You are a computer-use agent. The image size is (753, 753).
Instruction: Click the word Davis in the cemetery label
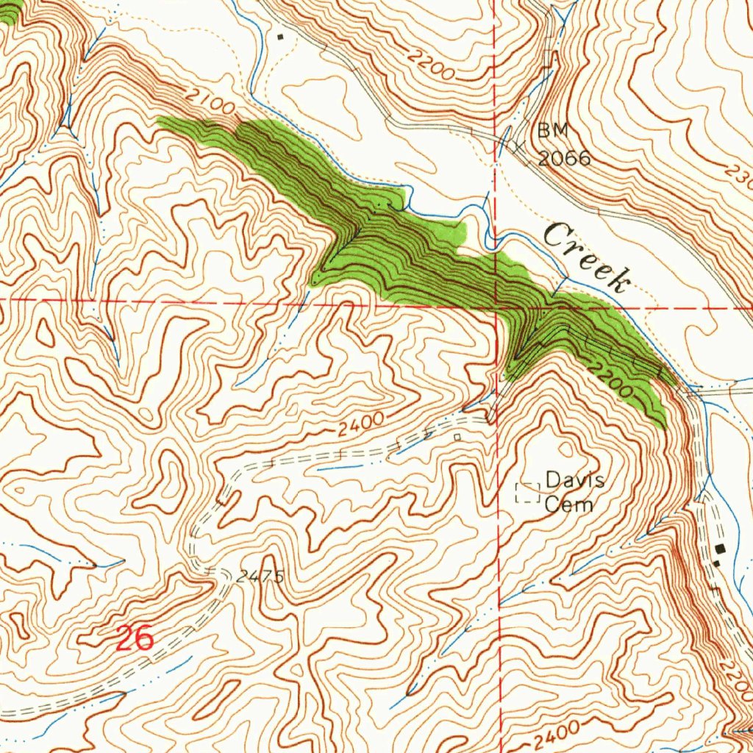(x=575, y=482)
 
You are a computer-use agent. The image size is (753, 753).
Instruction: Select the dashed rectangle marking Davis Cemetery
(x=527, y=493)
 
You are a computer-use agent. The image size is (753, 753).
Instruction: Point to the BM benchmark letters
(x=553, y=131)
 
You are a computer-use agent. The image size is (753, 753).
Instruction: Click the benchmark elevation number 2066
(x=564, y=157)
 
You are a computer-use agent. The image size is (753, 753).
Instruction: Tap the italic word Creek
(x=588, y=258)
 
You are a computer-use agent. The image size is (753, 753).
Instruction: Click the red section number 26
(x=135, y=638)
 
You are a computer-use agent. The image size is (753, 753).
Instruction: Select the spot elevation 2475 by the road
(x=260, y=577)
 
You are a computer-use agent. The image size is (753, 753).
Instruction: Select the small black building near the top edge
(x=279, y=35)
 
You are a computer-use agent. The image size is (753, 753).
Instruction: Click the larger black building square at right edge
(x=720, y=549)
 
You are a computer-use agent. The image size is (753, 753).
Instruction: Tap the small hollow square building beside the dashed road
(x=457, y=437)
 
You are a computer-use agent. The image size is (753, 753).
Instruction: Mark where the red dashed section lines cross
(x=498, y=305)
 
